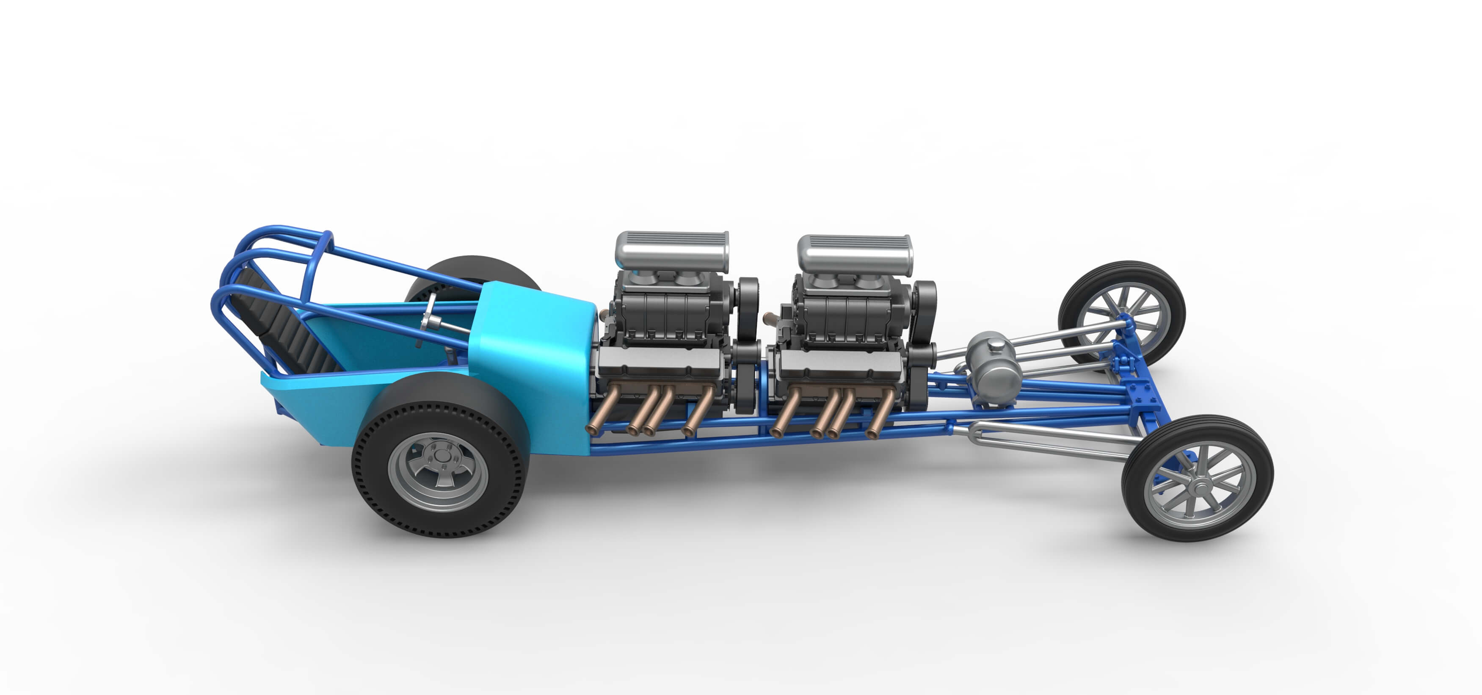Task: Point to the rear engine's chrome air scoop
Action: click(x=672, y=250)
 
